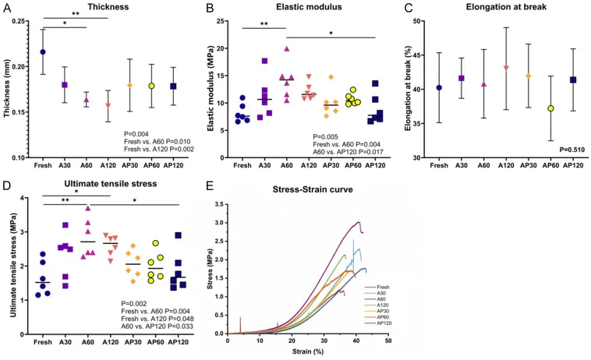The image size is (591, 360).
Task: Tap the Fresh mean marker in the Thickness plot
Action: click(43, 52)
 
